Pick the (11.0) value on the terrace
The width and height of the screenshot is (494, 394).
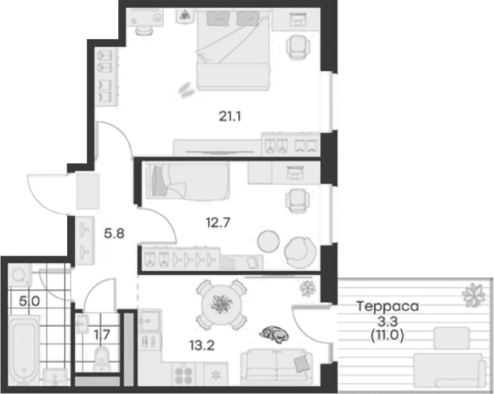click(387, 335)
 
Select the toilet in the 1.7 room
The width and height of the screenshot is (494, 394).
click(102, 356)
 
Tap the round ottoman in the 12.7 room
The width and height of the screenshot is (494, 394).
click(269, 240)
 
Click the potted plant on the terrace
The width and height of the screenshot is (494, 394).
click(474, 295)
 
